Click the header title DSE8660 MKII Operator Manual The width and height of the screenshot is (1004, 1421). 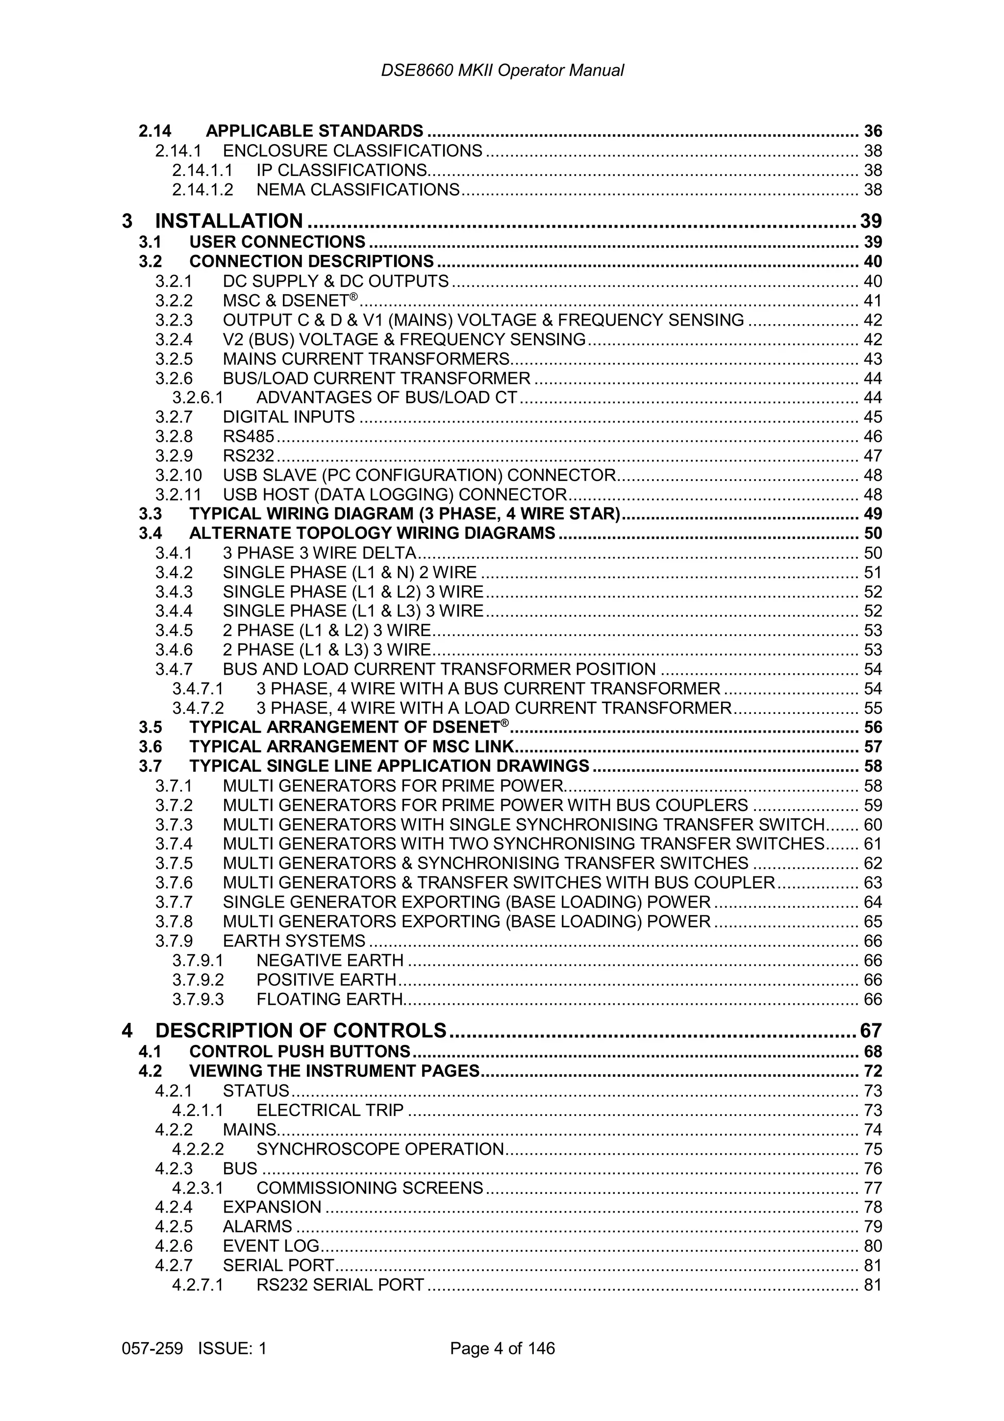point(502,71)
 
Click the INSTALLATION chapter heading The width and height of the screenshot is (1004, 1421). point(229,221)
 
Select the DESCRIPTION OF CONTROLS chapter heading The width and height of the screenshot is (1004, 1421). point(301,1031)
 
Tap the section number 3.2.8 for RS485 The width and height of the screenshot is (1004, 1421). point(174,436)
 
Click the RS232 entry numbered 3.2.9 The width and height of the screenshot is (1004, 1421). point(248,456)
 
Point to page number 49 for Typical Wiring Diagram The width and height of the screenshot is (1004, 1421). point(872,514)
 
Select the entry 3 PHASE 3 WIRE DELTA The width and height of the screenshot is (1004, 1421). point(319,553)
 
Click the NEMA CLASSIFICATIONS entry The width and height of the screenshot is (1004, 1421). point(357,190)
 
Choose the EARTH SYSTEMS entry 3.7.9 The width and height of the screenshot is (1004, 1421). point(294,941)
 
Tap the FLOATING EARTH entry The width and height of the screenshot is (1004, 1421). point(329,999)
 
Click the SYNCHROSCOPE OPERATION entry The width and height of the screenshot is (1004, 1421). point(380,1149)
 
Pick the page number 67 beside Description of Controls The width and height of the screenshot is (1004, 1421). point(870,1031)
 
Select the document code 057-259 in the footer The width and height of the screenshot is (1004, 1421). point(152,1348)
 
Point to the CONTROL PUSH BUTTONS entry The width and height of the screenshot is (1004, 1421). point(300,1051)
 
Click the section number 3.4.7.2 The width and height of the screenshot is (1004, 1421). point(198,708)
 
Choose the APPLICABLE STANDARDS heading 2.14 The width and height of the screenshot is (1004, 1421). point(314,131)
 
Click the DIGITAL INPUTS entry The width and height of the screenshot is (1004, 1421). point(288,417)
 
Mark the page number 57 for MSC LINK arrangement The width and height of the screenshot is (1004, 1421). point(872,747)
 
